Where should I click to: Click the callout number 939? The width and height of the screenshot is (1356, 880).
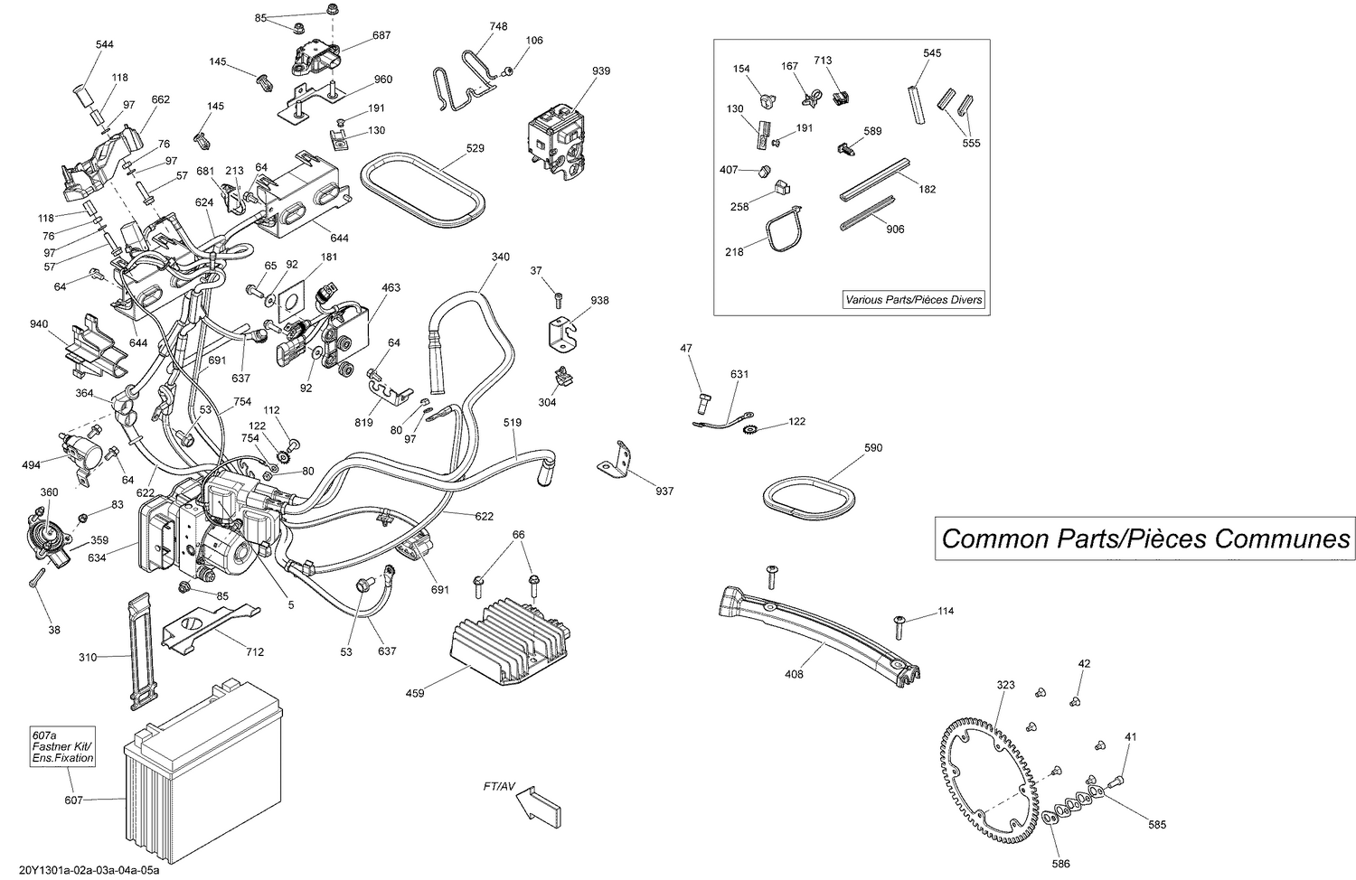coord(601,71)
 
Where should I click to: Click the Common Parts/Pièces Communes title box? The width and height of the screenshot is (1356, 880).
coord(1145,538)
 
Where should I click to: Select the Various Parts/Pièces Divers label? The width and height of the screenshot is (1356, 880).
coord(913,300)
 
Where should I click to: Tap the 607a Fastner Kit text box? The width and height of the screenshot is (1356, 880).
coord(62,746)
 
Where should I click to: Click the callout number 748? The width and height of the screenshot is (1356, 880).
coord(498,26)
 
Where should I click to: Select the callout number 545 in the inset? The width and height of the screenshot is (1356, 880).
coord(932,53)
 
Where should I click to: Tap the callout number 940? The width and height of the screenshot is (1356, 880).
coord(39,324)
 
